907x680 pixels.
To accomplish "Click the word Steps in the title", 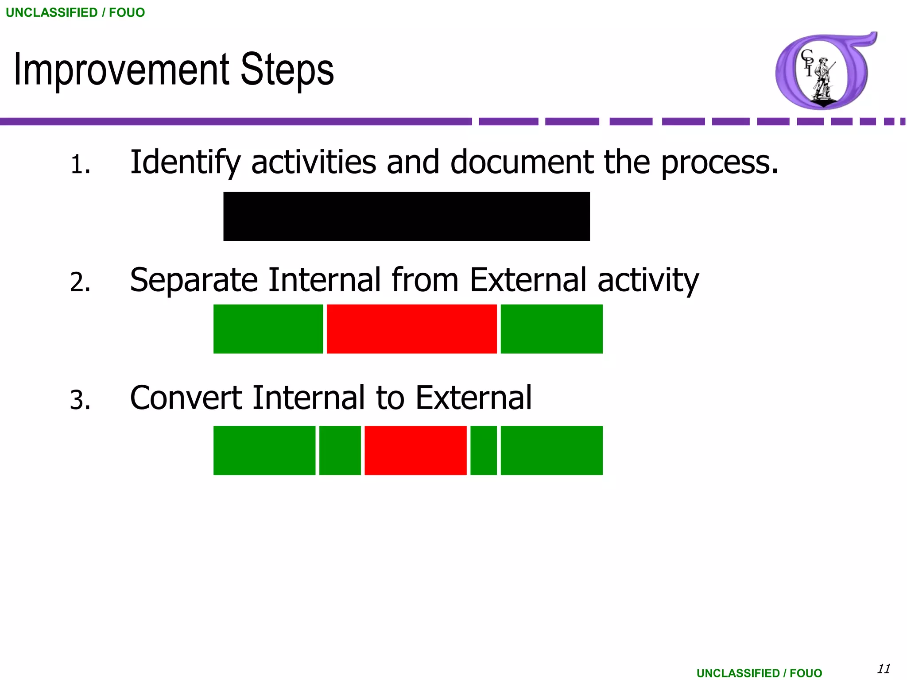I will click(x=287, y=70).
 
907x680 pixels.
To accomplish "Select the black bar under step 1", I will click(x=406, y=216).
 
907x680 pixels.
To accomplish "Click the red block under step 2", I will click(x=411, y=328).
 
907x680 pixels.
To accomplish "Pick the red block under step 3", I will click(x=415, y=450).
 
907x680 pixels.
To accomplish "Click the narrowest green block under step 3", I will click(x=483, y=450).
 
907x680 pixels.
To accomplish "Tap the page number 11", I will click(x=884, y=668).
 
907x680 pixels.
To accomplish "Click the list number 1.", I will click(x=80, y=165).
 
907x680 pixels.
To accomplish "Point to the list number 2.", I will click(x=80, y=282).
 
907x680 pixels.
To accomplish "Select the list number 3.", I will click(x=80, y=400).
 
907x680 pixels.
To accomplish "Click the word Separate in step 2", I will click(x=194, y=281).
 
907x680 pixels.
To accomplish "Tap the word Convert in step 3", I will click(x=186, y=398).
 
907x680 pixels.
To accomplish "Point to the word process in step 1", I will click(x=719, y=163).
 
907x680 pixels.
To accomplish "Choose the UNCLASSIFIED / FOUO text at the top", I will click(x=75, y=12).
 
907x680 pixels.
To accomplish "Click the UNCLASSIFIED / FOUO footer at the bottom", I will click(x=759, y=673).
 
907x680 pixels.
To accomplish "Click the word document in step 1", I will click(x=522, y=162).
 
